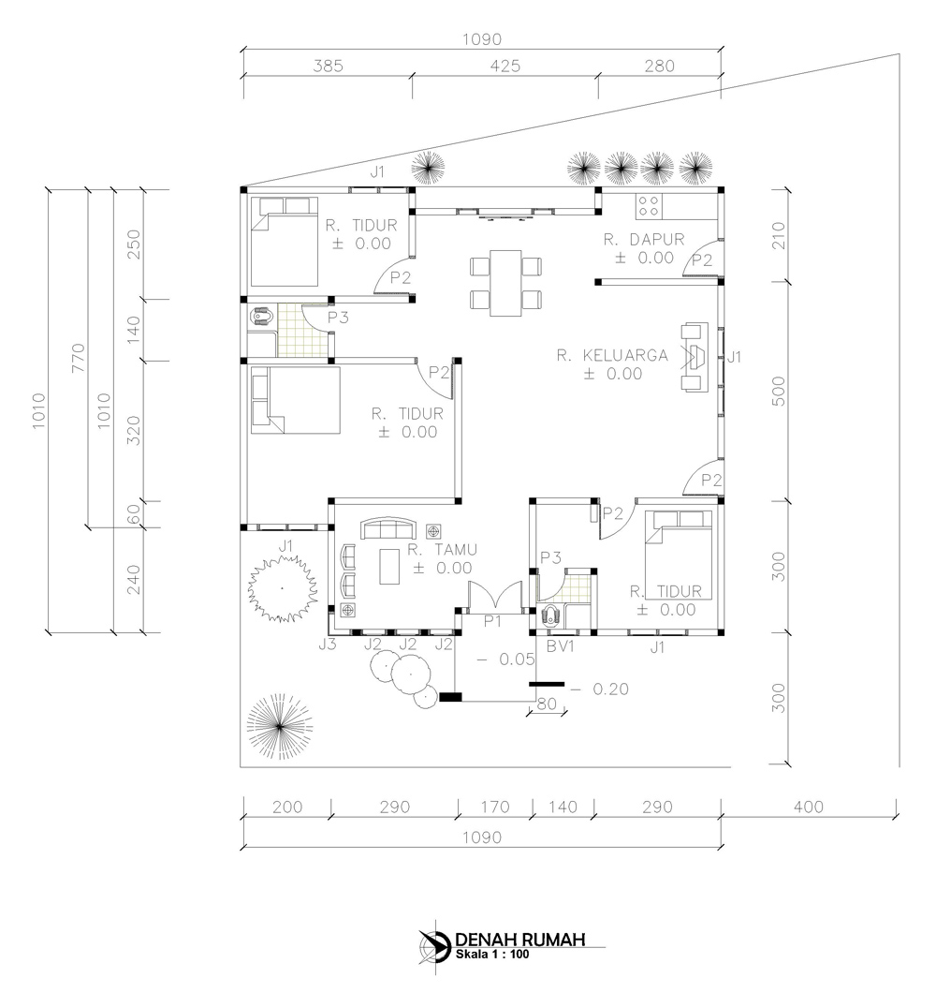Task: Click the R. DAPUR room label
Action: click(644, 240)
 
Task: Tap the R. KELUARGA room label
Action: click(612, 355)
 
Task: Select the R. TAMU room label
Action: click(443, 550)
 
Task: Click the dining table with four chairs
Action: click(505, 283)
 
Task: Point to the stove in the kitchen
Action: click(649, 205)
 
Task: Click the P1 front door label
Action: click(492, 621)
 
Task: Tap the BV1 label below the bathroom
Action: click(560, 646)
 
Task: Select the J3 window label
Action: click(328, 645)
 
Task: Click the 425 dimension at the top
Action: click(505, 66)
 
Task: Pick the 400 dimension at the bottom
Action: click(808, 807)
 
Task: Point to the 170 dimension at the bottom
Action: click(494, 807)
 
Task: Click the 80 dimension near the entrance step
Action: click(547, 704)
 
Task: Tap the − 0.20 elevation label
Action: click(599, 689)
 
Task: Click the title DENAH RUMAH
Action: click(520, 940)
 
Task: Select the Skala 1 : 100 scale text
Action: click(492, 955)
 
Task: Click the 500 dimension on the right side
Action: click(779, 391)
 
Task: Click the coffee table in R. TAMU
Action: click(389, 566)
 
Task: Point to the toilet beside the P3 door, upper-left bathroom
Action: click(261, 317)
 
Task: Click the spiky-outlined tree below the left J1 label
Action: click(282, 588)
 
